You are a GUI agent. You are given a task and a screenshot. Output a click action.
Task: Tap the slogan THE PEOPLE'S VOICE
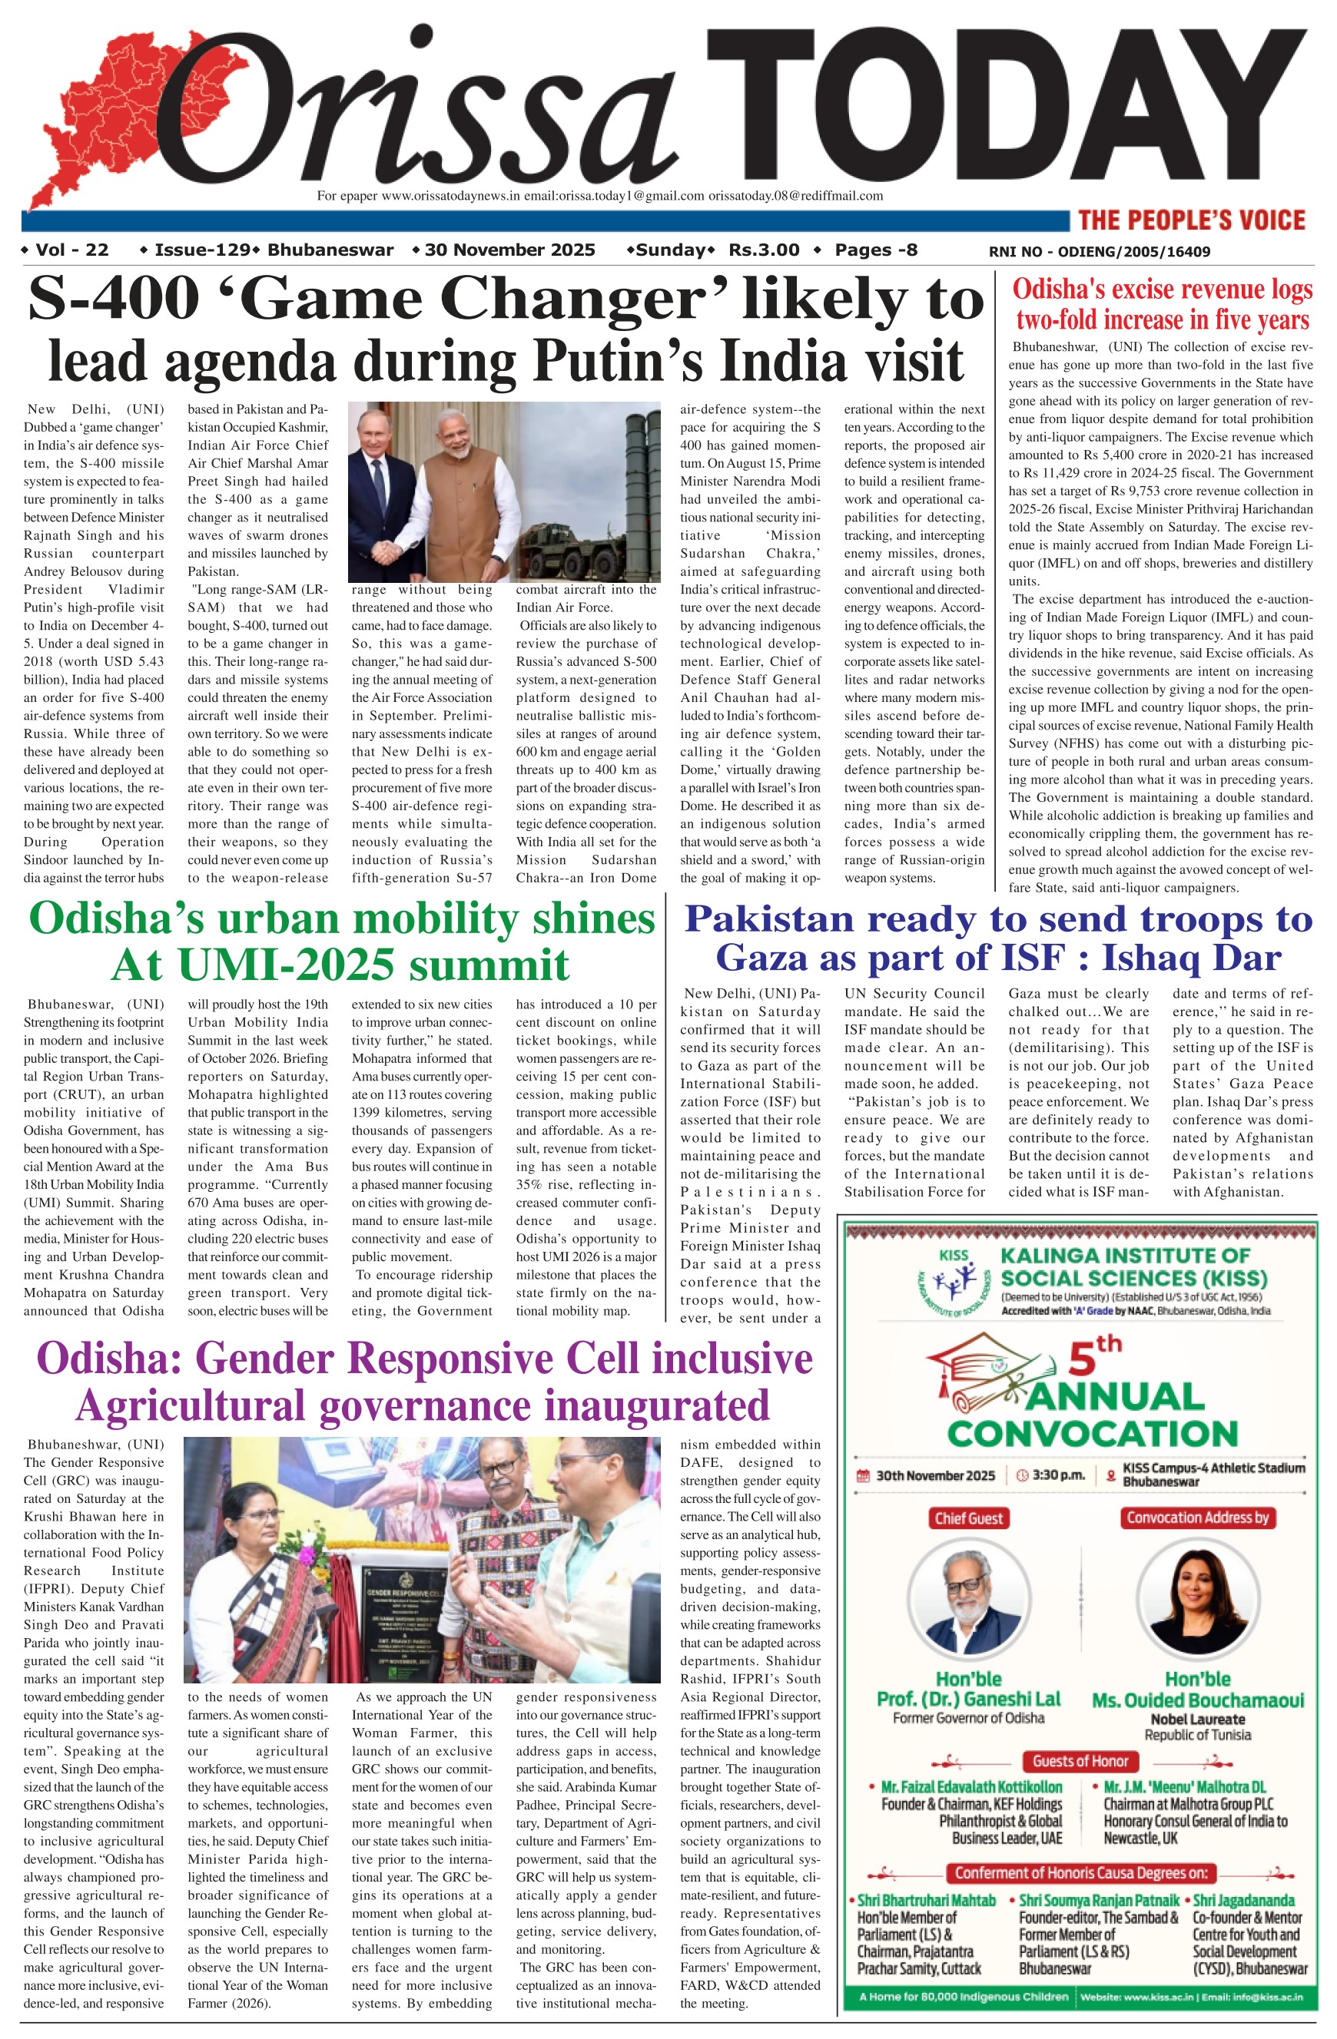[x=1191, y=220]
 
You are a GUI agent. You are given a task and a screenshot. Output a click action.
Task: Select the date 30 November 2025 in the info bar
[x=509, y=250]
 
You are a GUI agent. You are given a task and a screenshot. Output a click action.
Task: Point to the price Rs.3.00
[x=764, y=250]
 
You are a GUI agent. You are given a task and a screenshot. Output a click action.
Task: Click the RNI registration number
[x=1099, y=252]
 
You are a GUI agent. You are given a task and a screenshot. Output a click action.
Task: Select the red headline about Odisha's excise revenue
[x=1162, y=304]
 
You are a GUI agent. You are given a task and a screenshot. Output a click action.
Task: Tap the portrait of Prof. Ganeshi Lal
[x=968, y=1602]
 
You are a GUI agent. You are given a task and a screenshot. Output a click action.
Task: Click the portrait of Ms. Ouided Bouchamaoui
[x=1197, y=1602]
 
